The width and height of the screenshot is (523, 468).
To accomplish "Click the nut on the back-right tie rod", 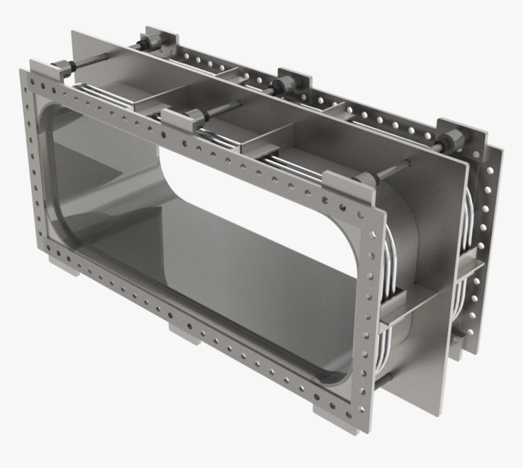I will click(x=450, y=142).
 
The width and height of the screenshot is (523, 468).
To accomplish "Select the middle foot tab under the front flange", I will click(x=185, y=332).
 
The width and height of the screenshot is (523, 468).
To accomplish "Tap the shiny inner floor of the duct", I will click(x=201, y=255).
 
